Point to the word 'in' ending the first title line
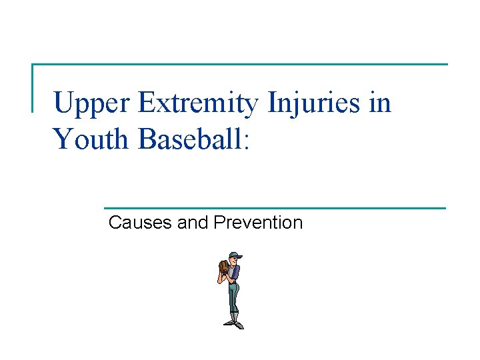coord(381,103)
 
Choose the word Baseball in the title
coord(190,139)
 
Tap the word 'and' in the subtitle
coord(194,223)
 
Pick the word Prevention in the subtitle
coord(258,223)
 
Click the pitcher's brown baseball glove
coord(223,267)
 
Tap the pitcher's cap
coord(233,255)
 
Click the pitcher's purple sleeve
coord(235,273)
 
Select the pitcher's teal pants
coord(233,293)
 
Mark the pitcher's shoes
coord(234,324)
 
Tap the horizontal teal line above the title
coord(240,65)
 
